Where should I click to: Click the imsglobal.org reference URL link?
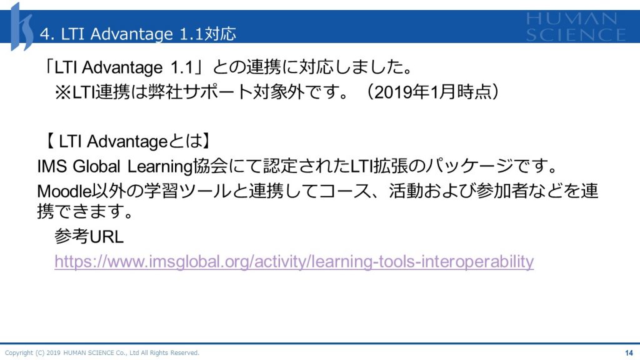294,262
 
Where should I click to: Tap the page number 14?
629,352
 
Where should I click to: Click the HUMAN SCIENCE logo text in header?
576,27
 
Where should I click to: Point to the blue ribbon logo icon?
21,27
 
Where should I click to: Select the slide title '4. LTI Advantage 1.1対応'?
138,34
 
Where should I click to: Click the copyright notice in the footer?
102,352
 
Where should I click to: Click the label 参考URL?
89,236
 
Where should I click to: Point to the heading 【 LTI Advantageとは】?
127,142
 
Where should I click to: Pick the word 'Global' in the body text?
96,166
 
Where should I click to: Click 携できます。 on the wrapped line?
85,211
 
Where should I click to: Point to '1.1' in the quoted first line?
182,67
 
